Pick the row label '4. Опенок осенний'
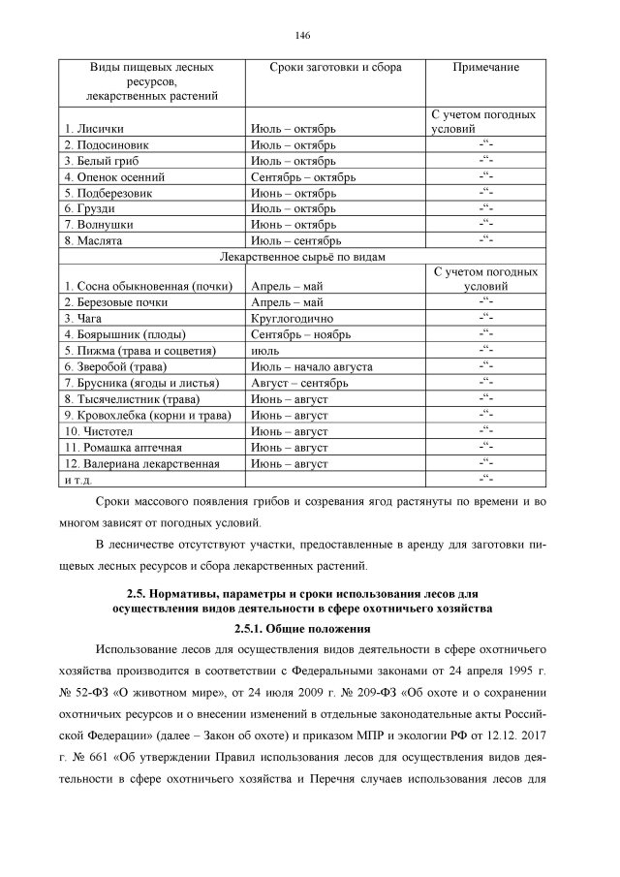pyautogui.click(x=114, y=177)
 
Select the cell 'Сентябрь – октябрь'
pyautogui.click(x=303, y=177)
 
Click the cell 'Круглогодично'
pyautogui.click(x=292, y=318)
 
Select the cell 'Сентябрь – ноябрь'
pyautogui.click(x=300, y=334)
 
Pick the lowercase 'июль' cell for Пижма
pyautogui.click(x=265, y=350)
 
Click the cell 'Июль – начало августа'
pyautogui.click(x=311, y=366)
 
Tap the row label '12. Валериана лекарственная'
pyautogui.click(x=141, y=463)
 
